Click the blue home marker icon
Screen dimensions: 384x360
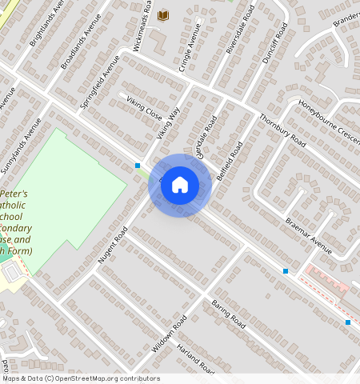click(x=180, y=185)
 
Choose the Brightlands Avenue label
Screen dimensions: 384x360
click(x=47, y=22)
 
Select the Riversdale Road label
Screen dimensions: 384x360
click(x=240, y=29)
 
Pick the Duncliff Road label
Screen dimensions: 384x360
click(x=274, y=43)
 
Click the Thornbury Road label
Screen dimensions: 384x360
click(x=282, y=130)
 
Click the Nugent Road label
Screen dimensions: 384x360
click(x=113, y=245)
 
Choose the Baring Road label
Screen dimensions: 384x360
click(x=228, y=318)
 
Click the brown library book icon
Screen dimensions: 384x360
click(x=163, y=15)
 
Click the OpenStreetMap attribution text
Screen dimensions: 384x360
click(x=80, y=378)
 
